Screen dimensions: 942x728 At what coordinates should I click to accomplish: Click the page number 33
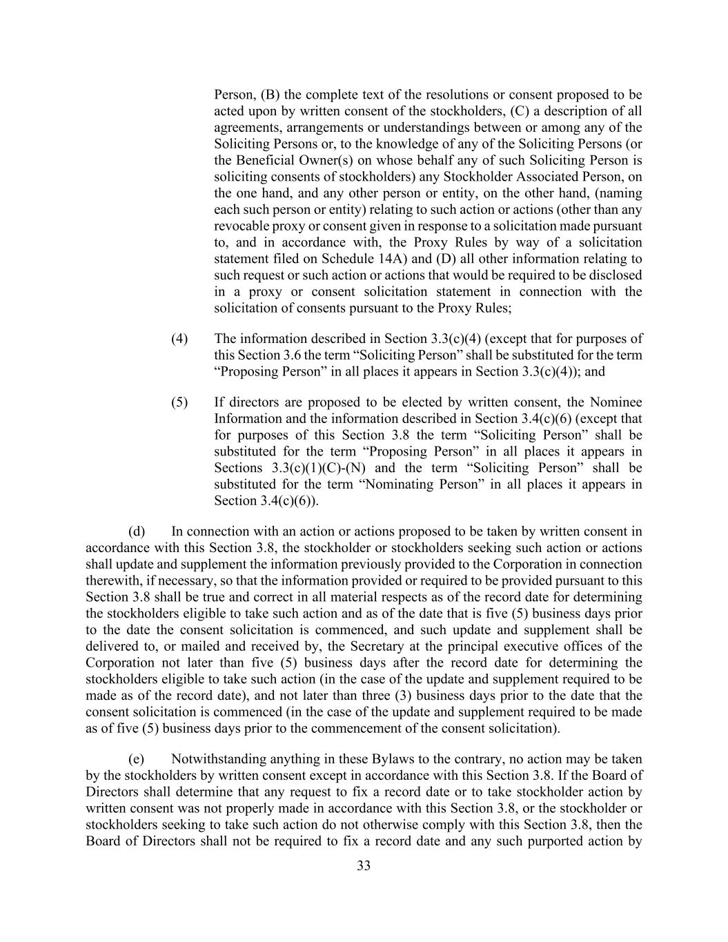point(364,866)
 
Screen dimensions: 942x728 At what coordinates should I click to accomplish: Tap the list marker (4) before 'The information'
point(179,339)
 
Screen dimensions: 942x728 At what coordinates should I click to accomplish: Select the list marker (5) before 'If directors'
point(179,402)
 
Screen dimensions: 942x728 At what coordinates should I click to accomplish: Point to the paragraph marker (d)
point(137,531)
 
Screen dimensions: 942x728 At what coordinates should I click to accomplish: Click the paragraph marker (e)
point(137,759)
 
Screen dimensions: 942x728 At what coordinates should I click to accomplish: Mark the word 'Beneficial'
point(268,160)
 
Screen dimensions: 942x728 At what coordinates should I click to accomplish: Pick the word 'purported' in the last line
point(551,841)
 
